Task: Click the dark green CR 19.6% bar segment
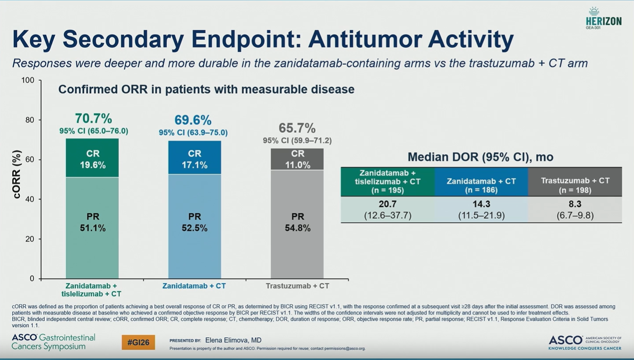click(92, 158)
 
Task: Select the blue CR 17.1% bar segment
click(195, 158)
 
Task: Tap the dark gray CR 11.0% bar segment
click(297, 159)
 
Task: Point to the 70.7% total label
click(94, 118)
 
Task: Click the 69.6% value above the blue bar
click(193, 120)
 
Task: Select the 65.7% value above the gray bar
click(297, 128)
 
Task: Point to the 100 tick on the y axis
click(28, 80)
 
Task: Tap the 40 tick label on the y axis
click(30, 199)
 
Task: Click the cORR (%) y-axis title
click(17, 174)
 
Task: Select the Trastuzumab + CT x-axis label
click(297, 286)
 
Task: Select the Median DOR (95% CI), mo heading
click(480, 157)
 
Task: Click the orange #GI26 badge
click(138, 342)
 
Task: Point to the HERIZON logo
click(603, 19)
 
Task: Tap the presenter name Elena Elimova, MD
click(233, 340)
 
